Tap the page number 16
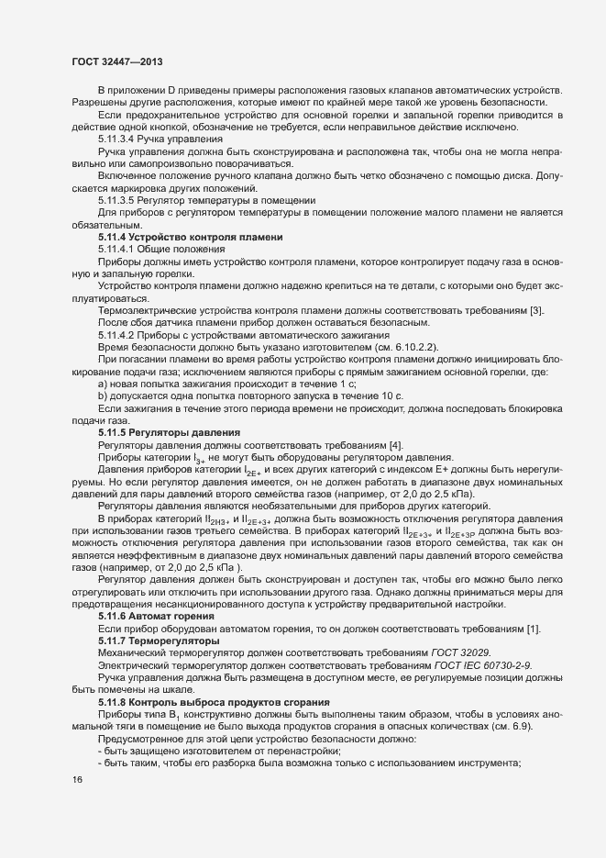(77, 780)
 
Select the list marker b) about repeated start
(104, 394)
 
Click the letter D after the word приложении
(171, 88)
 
